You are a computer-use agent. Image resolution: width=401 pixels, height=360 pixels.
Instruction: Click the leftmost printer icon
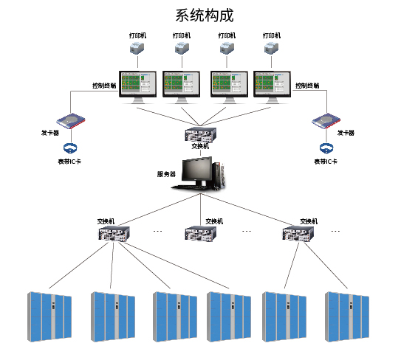click(137, 49)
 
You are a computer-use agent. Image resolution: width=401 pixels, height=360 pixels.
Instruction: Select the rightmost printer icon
click(272, 49)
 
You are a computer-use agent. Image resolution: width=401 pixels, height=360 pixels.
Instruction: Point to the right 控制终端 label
click(308, 86)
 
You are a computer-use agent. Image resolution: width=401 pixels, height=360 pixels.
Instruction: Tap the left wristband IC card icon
click(70, 148)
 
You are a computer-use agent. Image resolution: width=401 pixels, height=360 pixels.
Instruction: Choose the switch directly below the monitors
click(200, 134)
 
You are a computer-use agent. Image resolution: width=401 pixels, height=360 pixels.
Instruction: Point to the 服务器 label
click(166, 174)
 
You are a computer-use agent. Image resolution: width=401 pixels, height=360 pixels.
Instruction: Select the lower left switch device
click(114, 234)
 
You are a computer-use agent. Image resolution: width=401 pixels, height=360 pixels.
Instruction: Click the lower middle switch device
click(200, 234)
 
